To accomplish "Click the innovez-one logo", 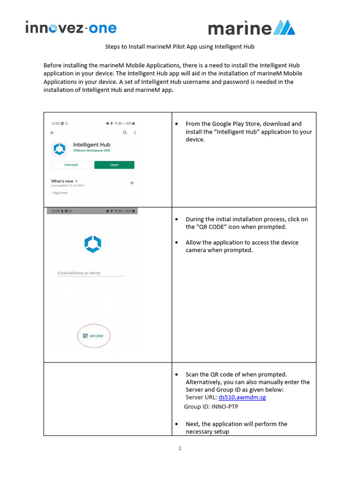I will [x=71, y=28].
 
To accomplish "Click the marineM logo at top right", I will [x=251, y=28].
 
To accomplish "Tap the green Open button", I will [x=114, y=165].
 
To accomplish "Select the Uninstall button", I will [x=71, y=165].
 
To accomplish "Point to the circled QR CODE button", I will [x=93, y=336].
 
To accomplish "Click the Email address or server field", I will [x=90, y=273].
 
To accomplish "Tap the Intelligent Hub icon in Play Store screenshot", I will [x=60, y=149].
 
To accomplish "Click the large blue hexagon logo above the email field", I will [x=93, y=244].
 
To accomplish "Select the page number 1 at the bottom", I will [x=180, y=448].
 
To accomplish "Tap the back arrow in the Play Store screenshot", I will [x=52, y=133].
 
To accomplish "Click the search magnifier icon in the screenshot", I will [x=125, y=133].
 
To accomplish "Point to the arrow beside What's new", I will [x=132, y=183].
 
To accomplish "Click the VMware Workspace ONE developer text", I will [x=91, y=152].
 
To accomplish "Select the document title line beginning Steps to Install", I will [x=180, y=47].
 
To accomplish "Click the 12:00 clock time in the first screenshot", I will [x=55, y=123].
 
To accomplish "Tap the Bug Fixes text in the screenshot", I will [x=60, y=193].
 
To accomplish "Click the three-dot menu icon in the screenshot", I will [x=135, y=133].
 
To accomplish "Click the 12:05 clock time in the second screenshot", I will [x=55, y=211].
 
